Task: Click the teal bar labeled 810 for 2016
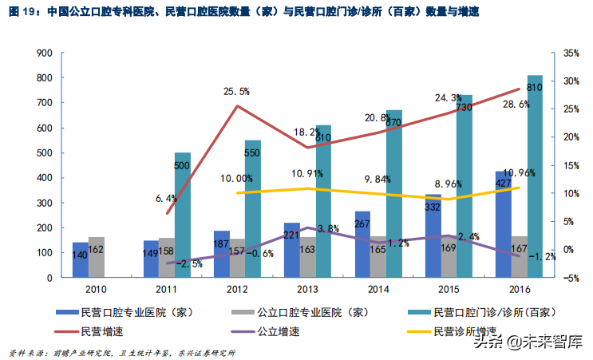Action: tap(534, 176)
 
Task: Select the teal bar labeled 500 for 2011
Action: tap(183, 216)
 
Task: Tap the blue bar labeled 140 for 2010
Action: tap(81, 259)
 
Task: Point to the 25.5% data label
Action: tap(236, 92)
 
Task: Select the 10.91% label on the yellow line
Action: tap(306, 173)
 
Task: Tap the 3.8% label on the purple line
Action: tap(306, 228)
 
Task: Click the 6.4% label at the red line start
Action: tap(165, 198)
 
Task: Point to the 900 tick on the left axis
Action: tap(45, 53)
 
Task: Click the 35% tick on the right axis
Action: tap(570, 53)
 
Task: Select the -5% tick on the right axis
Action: tap(570, 278)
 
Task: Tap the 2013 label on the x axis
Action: tap(306, 290)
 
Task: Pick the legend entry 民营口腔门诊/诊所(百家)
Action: tap(486, 311)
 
